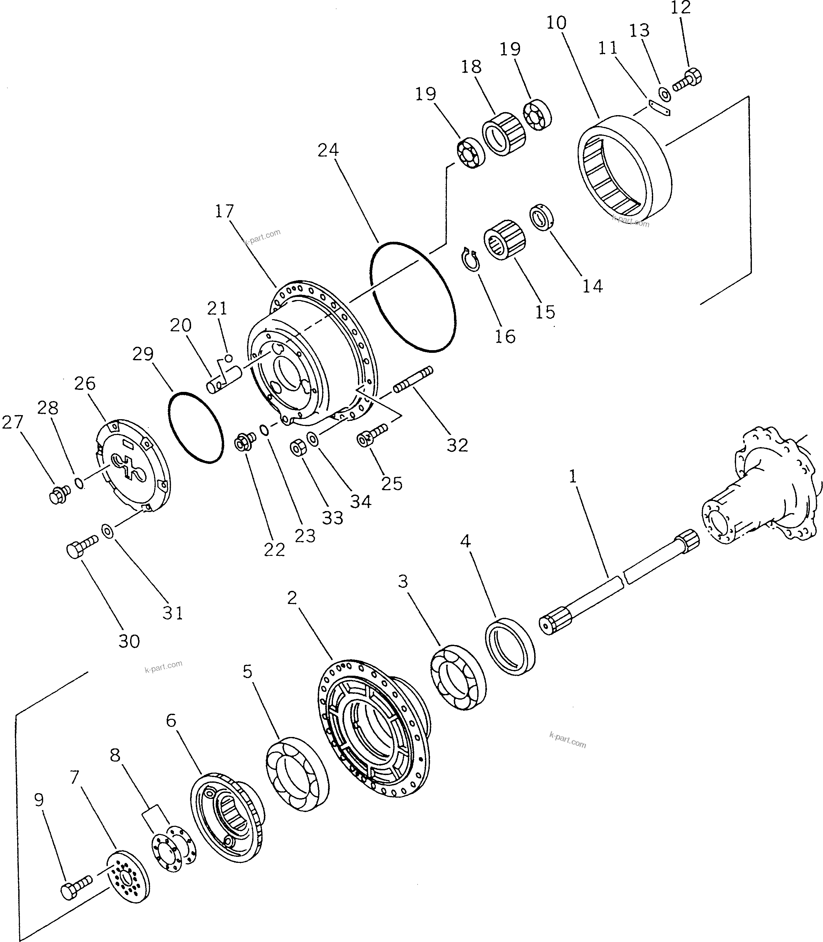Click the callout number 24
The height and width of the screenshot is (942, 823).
click(328, 150)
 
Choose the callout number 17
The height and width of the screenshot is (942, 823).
click(224, 211)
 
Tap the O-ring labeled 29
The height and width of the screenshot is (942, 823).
click(196, 427)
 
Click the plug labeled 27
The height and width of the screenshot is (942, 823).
click(59, 495)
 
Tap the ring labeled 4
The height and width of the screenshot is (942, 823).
click(510, 646)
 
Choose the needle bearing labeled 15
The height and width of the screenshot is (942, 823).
click(505, 239)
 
